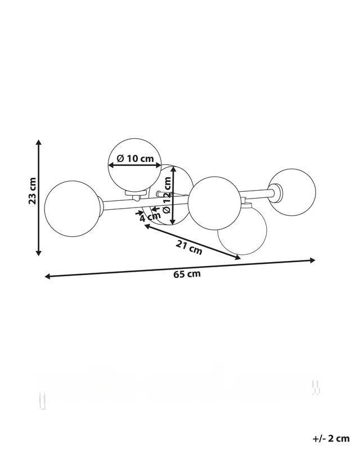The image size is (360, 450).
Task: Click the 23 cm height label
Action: [33, 191]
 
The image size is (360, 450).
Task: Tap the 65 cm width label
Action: [187, 274]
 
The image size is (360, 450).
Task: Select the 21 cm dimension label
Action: [189, 247]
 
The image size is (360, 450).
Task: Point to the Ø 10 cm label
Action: [136, 158]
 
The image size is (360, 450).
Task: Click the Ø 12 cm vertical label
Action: [167, 195]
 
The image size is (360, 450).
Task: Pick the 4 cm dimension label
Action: [150, 217]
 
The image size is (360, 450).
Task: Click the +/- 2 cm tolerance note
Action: [331, 438]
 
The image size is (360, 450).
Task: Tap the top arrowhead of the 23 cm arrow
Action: [39, 143]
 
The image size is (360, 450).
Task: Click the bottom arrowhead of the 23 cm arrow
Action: [39, 253]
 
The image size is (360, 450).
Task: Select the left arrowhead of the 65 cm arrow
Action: [48, 276]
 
